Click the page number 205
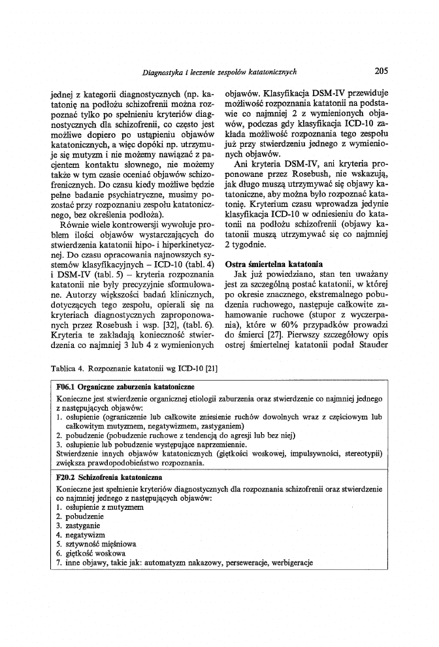click(x=382, y=72)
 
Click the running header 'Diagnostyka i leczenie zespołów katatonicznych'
click(x=219, y=72)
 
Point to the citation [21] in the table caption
click(x=211, y=369)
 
